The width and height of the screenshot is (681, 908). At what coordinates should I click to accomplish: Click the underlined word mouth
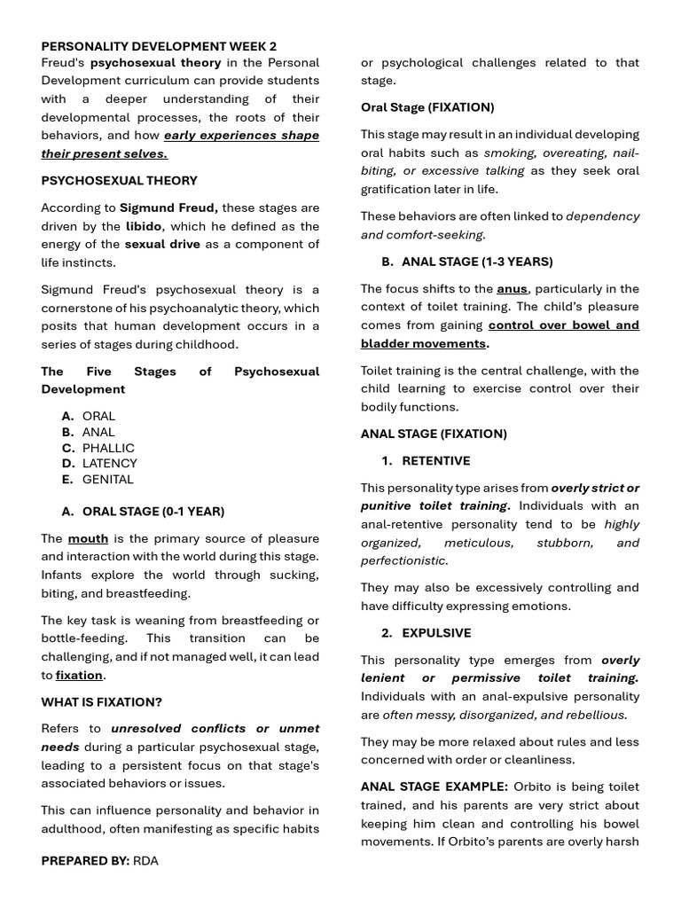tap(88, 538)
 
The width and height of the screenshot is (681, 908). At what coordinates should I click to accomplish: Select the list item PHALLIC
tap(108, 448)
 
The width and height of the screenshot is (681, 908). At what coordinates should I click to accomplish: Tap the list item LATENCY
tap(110, 463)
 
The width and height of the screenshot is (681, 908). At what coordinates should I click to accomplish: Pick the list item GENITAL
tap(108, 479)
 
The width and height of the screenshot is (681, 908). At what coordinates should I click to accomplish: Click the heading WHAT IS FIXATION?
tap(101, 702)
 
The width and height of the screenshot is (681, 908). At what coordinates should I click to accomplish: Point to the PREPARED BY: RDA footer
tap(99, 860)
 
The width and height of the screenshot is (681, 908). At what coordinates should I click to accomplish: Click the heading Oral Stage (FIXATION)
tap(427, 107)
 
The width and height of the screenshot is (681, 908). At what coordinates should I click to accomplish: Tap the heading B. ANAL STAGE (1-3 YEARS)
tap(467, 262)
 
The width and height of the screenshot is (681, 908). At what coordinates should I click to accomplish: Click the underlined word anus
tap(512, 288)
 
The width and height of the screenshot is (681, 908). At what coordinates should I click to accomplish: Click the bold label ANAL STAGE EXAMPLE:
tap(434, 787)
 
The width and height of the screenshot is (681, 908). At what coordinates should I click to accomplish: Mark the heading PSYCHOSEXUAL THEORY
tap(119, 180)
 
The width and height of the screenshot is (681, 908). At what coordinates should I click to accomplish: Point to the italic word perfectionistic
tap(403, 560)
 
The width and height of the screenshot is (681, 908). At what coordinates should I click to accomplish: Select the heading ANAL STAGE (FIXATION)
tap(434, 434)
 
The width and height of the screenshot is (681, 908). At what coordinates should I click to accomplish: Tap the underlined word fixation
tap(79, 675)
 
